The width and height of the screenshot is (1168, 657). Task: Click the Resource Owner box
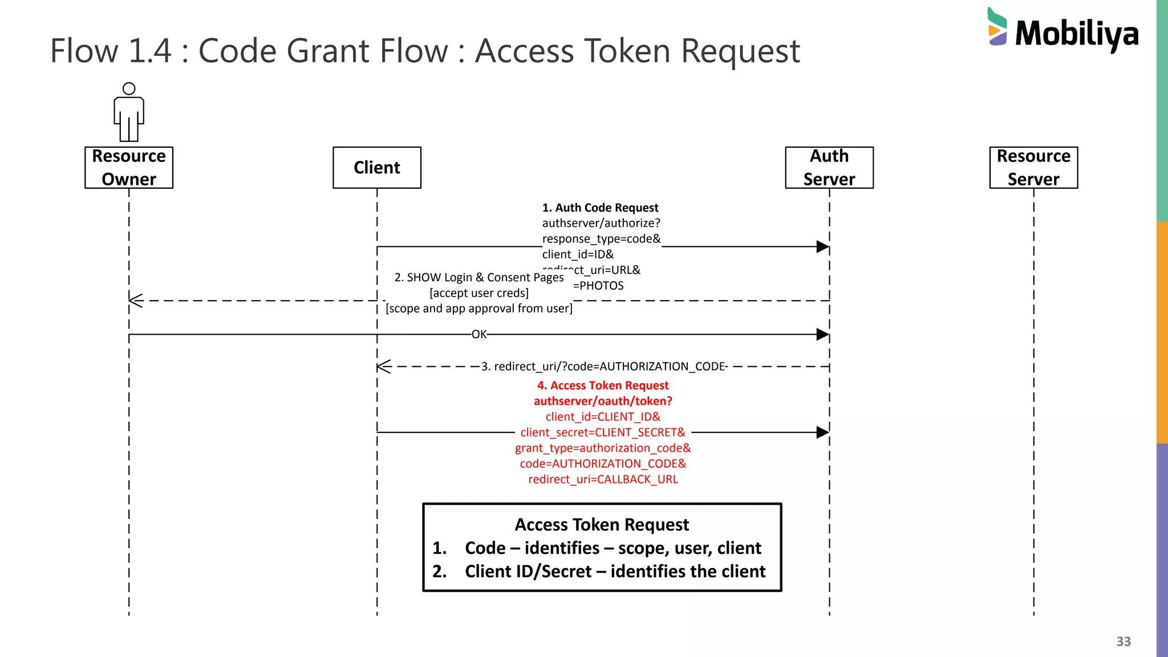(x=129, y=168)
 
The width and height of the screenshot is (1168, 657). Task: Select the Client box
(x=377, y=168)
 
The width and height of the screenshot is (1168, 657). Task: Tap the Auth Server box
(x=829, y=168)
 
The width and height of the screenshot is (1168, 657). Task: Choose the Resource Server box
(x=1033, y=168)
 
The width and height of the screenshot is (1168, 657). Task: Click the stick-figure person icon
(x=129, y=112)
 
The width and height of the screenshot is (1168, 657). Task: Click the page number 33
(x=1124, y=642)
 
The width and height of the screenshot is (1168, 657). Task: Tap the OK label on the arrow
(x=479, y=335)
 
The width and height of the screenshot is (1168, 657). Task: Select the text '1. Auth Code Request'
(x=600, y=208)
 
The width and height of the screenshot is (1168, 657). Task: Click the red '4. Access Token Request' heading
(x=603, y=386)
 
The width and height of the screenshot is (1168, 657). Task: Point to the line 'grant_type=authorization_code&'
(x=603, y=448)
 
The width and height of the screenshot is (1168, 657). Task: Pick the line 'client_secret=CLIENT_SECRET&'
(x=603, y=433)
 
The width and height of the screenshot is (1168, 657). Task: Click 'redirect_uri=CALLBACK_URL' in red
(x=603, y=480)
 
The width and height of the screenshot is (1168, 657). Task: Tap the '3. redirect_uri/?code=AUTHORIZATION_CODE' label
(x=604, y=367)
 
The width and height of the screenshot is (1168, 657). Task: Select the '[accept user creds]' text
(x=479, y=293)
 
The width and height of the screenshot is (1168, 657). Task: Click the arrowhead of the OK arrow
(x=822, y=335)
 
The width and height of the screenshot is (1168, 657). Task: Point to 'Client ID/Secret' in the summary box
(x=528, y=571)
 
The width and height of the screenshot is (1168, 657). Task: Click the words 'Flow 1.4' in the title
(x=111, y=51)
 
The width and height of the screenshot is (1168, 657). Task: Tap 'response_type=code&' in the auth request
(x=601, y=239)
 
